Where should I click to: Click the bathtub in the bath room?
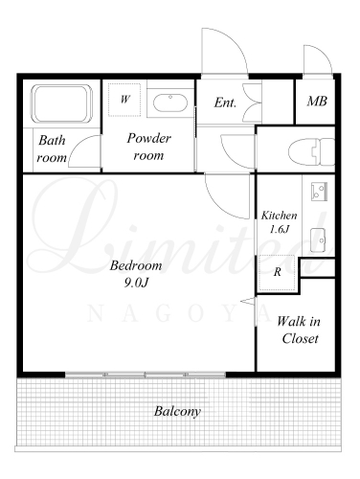[61, 103]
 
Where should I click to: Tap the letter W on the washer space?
[124, 100]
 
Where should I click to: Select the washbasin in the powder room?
[169, 103]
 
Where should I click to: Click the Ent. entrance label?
[225, 103]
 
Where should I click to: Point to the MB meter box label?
[317, 102]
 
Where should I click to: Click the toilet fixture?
[311, 151]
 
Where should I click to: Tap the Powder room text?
[148, 147]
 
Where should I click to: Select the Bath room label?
[52, 148]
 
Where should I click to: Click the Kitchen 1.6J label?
[279, 222]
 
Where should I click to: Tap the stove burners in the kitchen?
[319, 191]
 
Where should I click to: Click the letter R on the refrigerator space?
[278, 272]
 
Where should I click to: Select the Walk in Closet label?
[299, 330]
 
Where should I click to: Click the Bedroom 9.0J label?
[136, 274]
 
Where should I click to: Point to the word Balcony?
[177, 411]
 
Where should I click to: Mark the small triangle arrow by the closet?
[248, 301]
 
